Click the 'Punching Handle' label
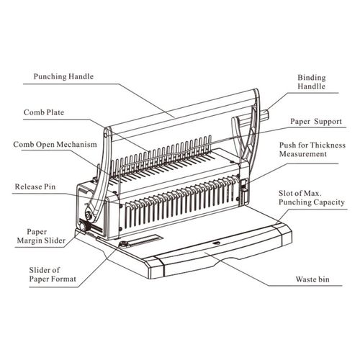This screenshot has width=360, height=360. (x=63, y=76)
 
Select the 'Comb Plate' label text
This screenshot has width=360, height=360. (x=44, y=112)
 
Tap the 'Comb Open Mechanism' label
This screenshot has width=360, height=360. (x=55, y=145)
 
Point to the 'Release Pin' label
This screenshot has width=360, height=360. (x=35, y=186)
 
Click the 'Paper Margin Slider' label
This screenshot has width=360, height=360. (x=41, y=236)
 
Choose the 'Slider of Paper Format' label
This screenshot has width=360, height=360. (x=53, y=274)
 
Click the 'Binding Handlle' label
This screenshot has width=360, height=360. (x=312, y=82)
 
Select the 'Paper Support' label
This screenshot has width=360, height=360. (x=316, y=122)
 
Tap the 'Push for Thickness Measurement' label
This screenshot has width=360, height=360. (x=312, y=149)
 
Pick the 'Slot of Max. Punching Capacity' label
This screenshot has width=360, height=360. (x=312, y=198)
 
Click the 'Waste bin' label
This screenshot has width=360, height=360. (x=312, y=279)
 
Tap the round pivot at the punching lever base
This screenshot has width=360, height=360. (x=89, y=215)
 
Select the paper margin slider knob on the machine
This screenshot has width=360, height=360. (x=83, y=227)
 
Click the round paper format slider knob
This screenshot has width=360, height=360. (x=124, y=244)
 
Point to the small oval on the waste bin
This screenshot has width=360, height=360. (x=217, y=243)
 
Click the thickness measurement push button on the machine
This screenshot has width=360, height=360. (x=243, y=185)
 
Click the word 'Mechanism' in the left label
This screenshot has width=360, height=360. (x=77, y=145)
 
